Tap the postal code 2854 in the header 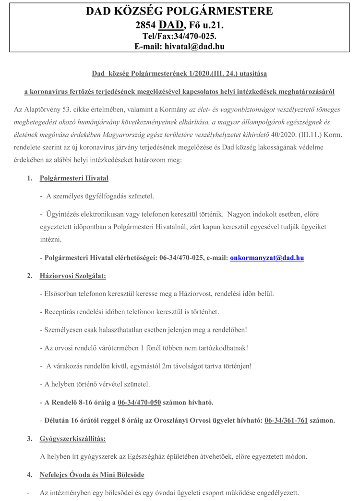coord(146,25)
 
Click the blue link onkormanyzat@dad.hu coord(267,258)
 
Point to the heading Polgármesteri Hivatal coord(74,178)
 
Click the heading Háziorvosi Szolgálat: coord(72,276)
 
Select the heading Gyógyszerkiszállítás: coord(72,439)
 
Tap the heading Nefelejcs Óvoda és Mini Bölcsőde coord(92,475)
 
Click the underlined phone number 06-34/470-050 coord(139,402)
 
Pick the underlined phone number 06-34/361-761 coord(286,420)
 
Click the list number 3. coord(30,439)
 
